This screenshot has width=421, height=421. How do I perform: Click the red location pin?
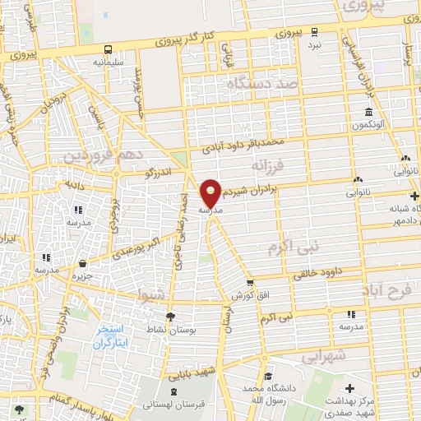[x=211, y=193]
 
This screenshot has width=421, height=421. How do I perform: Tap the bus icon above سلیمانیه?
[x=109, y=49]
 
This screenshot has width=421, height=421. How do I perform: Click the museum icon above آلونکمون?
[x=368, y=113]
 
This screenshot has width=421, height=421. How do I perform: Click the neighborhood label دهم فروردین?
[x=101, y=154]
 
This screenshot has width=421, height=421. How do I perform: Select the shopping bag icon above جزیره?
[x=83, y=265]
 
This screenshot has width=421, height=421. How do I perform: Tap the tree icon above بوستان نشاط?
[x=170, y=317]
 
